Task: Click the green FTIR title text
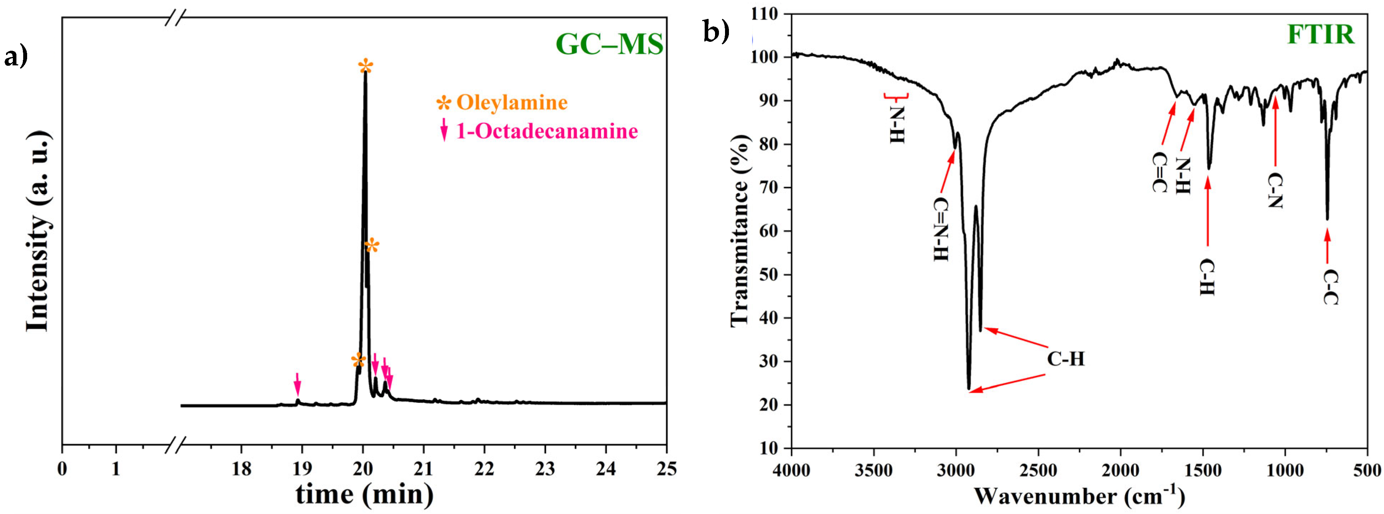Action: click(x=1320, y=34)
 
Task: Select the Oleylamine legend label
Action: click(x=512, y=103)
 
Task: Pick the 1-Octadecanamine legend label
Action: click(x=547, y=131)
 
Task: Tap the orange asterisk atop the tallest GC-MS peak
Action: click(x=365, y=67)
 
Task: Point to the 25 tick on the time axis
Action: click(x=666, y=469)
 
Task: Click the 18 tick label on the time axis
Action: click(x=241, y=469)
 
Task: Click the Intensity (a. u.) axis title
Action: click(x=39, y=231)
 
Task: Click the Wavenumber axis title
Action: click(x=1079, y=495)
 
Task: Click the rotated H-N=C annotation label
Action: click(x=941, y=229)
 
